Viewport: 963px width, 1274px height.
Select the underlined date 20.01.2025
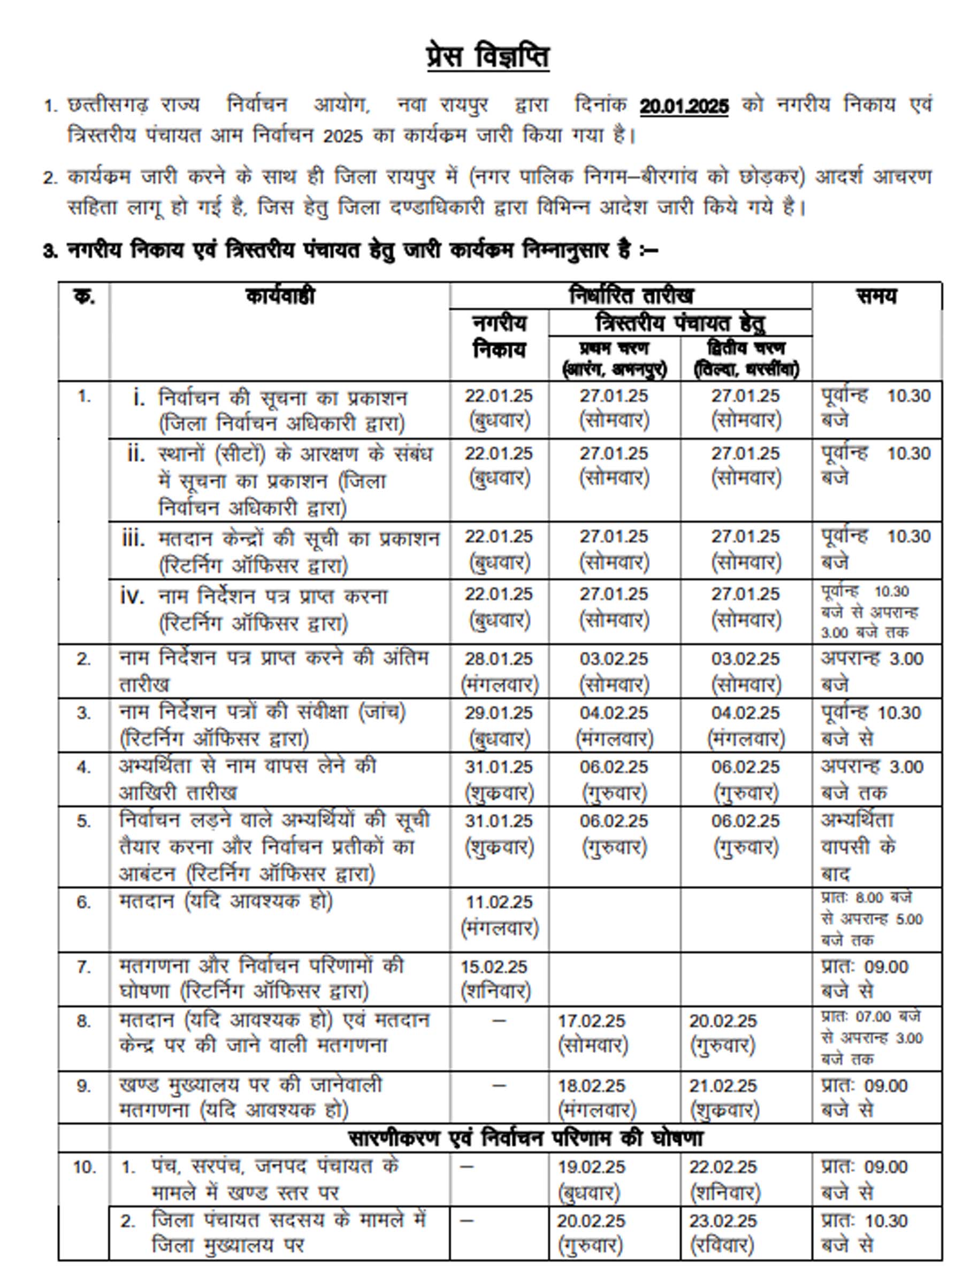684,106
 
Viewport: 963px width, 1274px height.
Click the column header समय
876,296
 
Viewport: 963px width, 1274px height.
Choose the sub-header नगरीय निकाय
499,337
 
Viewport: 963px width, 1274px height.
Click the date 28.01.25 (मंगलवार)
499,671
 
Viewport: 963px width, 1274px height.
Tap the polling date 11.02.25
499,902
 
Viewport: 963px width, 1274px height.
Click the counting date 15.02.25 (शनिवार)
494,978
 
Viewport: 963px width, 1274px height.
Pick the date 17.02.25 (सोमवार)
592,1033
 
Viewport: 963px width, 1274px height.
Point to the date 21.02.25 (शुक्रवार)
723,1097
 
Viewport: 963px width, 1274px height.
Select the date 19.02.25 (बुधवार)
591,1179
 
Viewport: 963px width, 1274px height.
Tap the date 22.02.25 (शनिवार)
723,1179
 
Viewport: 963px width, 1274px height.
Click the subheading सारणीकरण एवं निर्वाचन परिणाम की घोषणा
525,1139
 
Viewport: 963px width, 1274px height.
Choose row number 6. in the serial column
83,902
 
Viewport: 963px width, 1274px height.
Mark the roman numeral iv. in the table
132,596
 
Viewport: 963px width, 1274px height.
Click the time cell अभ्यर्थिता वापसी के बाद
858,847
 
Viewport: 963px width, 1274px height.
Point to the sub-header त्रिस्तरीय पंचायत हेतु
680,323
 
